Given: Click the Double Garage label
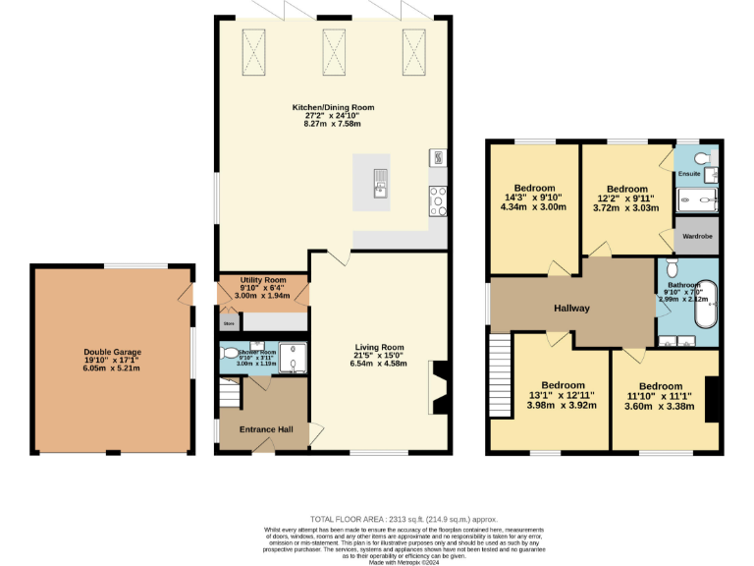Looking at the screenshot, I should [x=112, y=351].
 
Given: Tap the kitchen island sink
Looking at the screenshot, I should [x=380, y=182].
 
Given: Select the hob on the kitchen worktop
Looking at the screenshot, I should [x=437, y=199].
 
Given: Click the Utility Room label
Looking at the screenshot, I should [x=261, y=280].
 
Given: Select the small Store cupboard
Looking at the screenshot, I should [x=229, y=321].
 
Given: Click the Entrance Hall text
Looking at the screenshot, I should [x=261, y=429].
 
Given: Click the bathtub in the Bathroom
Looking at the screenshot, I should [x=705, y=306].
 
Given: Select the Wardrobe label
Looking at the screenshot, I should [x=696, y=237].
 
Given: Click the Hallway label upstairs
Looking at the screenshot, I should [x=571, y=309].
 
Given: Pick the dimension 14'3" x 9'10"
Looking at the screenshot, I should [x=534, y=198].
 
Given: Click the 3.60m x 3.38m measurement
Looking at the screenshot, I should [x=667, y=407].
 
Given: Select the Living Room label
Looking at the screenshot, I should [x=379, y=347].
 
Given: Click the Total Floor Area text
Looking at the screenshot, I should [x=404, y=519].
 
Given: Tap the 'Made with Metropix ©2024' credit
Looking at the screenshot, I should [x=404, y=561].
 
